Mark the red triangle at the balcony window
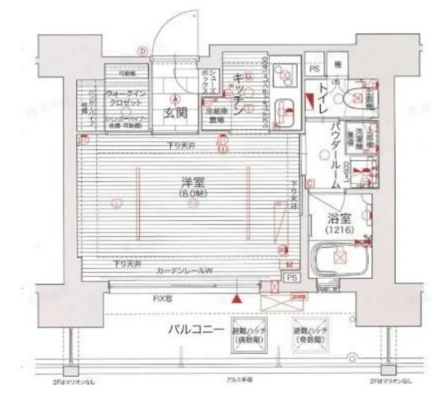pyautogui.click(x=236, y=298)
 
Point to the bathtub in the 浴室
pyautogui.click(x=337, y=258)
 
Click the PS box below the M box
pyautogui.click(x=291, y=279)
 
